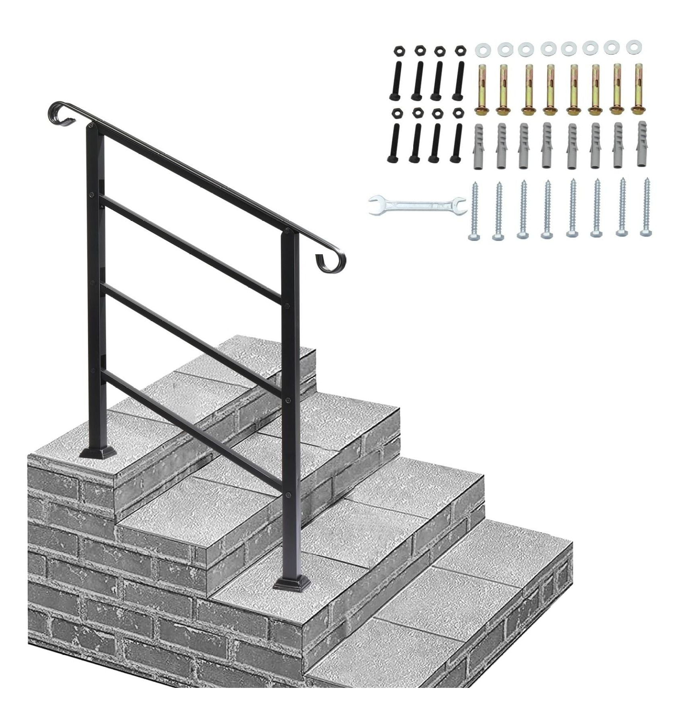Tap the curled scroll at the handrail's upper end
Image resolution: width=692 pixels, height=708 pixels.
(x=60, y=112)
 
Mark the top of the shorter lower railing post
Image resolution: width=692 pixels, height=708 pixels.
(x=289, y=233)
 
